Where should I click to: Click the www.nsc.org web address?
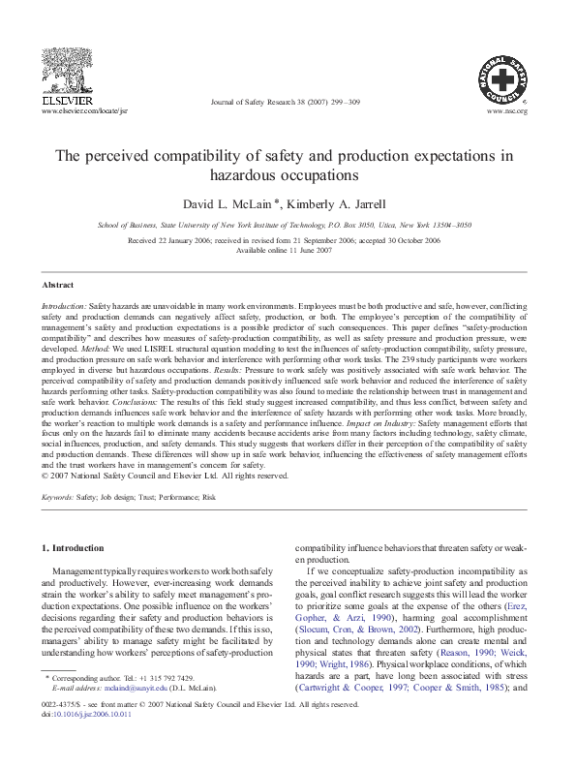point(511,111)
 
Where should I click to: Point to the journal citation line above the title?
point(288,100)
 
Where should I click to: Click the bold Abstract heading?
point(58,286)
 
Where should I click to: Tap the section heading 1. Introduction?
point(73,549)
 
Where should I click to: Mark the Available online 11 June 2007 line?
point(288,250)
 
